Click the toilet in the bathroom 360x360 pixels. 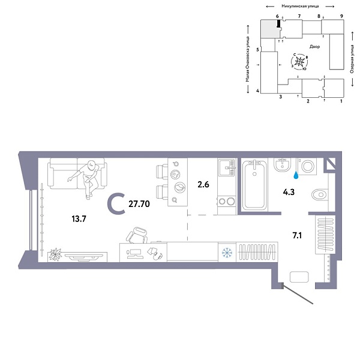(x=319, y=194)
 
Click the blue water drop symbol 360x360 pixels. (x=296, y=176)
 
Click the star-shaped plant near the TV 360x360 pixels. (x=55, y=253)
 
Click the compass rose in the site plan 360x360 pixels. (x=301, y=61)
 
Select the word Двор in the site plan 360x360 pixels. (x=315, y=46)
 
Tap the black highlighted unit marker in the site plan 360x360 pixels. (x=279, y=24)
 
